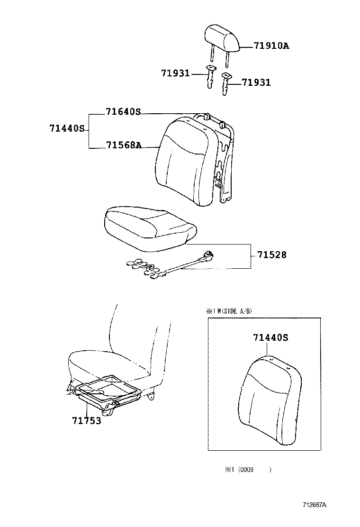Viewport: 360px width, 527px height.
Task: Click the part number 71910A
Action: [x=271, y=46]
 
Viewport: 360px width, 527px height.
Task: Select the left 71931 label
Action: [x=175, y=73]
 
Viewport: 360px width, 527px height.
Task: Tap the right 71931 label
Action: [x=256, y=82]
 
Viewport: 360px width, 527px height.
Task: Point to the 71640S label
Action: [x=123, y=112]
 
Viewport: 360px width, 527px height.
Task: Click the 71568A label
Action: [x=123, y=145]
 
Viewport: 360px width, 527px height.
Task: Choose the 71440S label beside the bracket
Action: [x=67, y=128]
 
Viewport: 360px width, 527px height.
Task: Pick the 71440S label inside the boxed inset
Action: [x=270, y=338]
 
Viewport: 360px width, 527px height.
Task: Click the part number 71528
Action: [x=272, y=255]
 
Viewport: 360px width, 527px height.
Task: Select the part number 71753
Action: [x=87, y=420]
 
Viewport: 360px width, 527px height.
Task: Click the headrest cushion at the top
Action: [x=222, y=38]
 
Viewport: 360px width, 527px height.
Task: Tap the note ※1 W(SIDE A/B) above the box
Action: [x=229, y=311]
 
